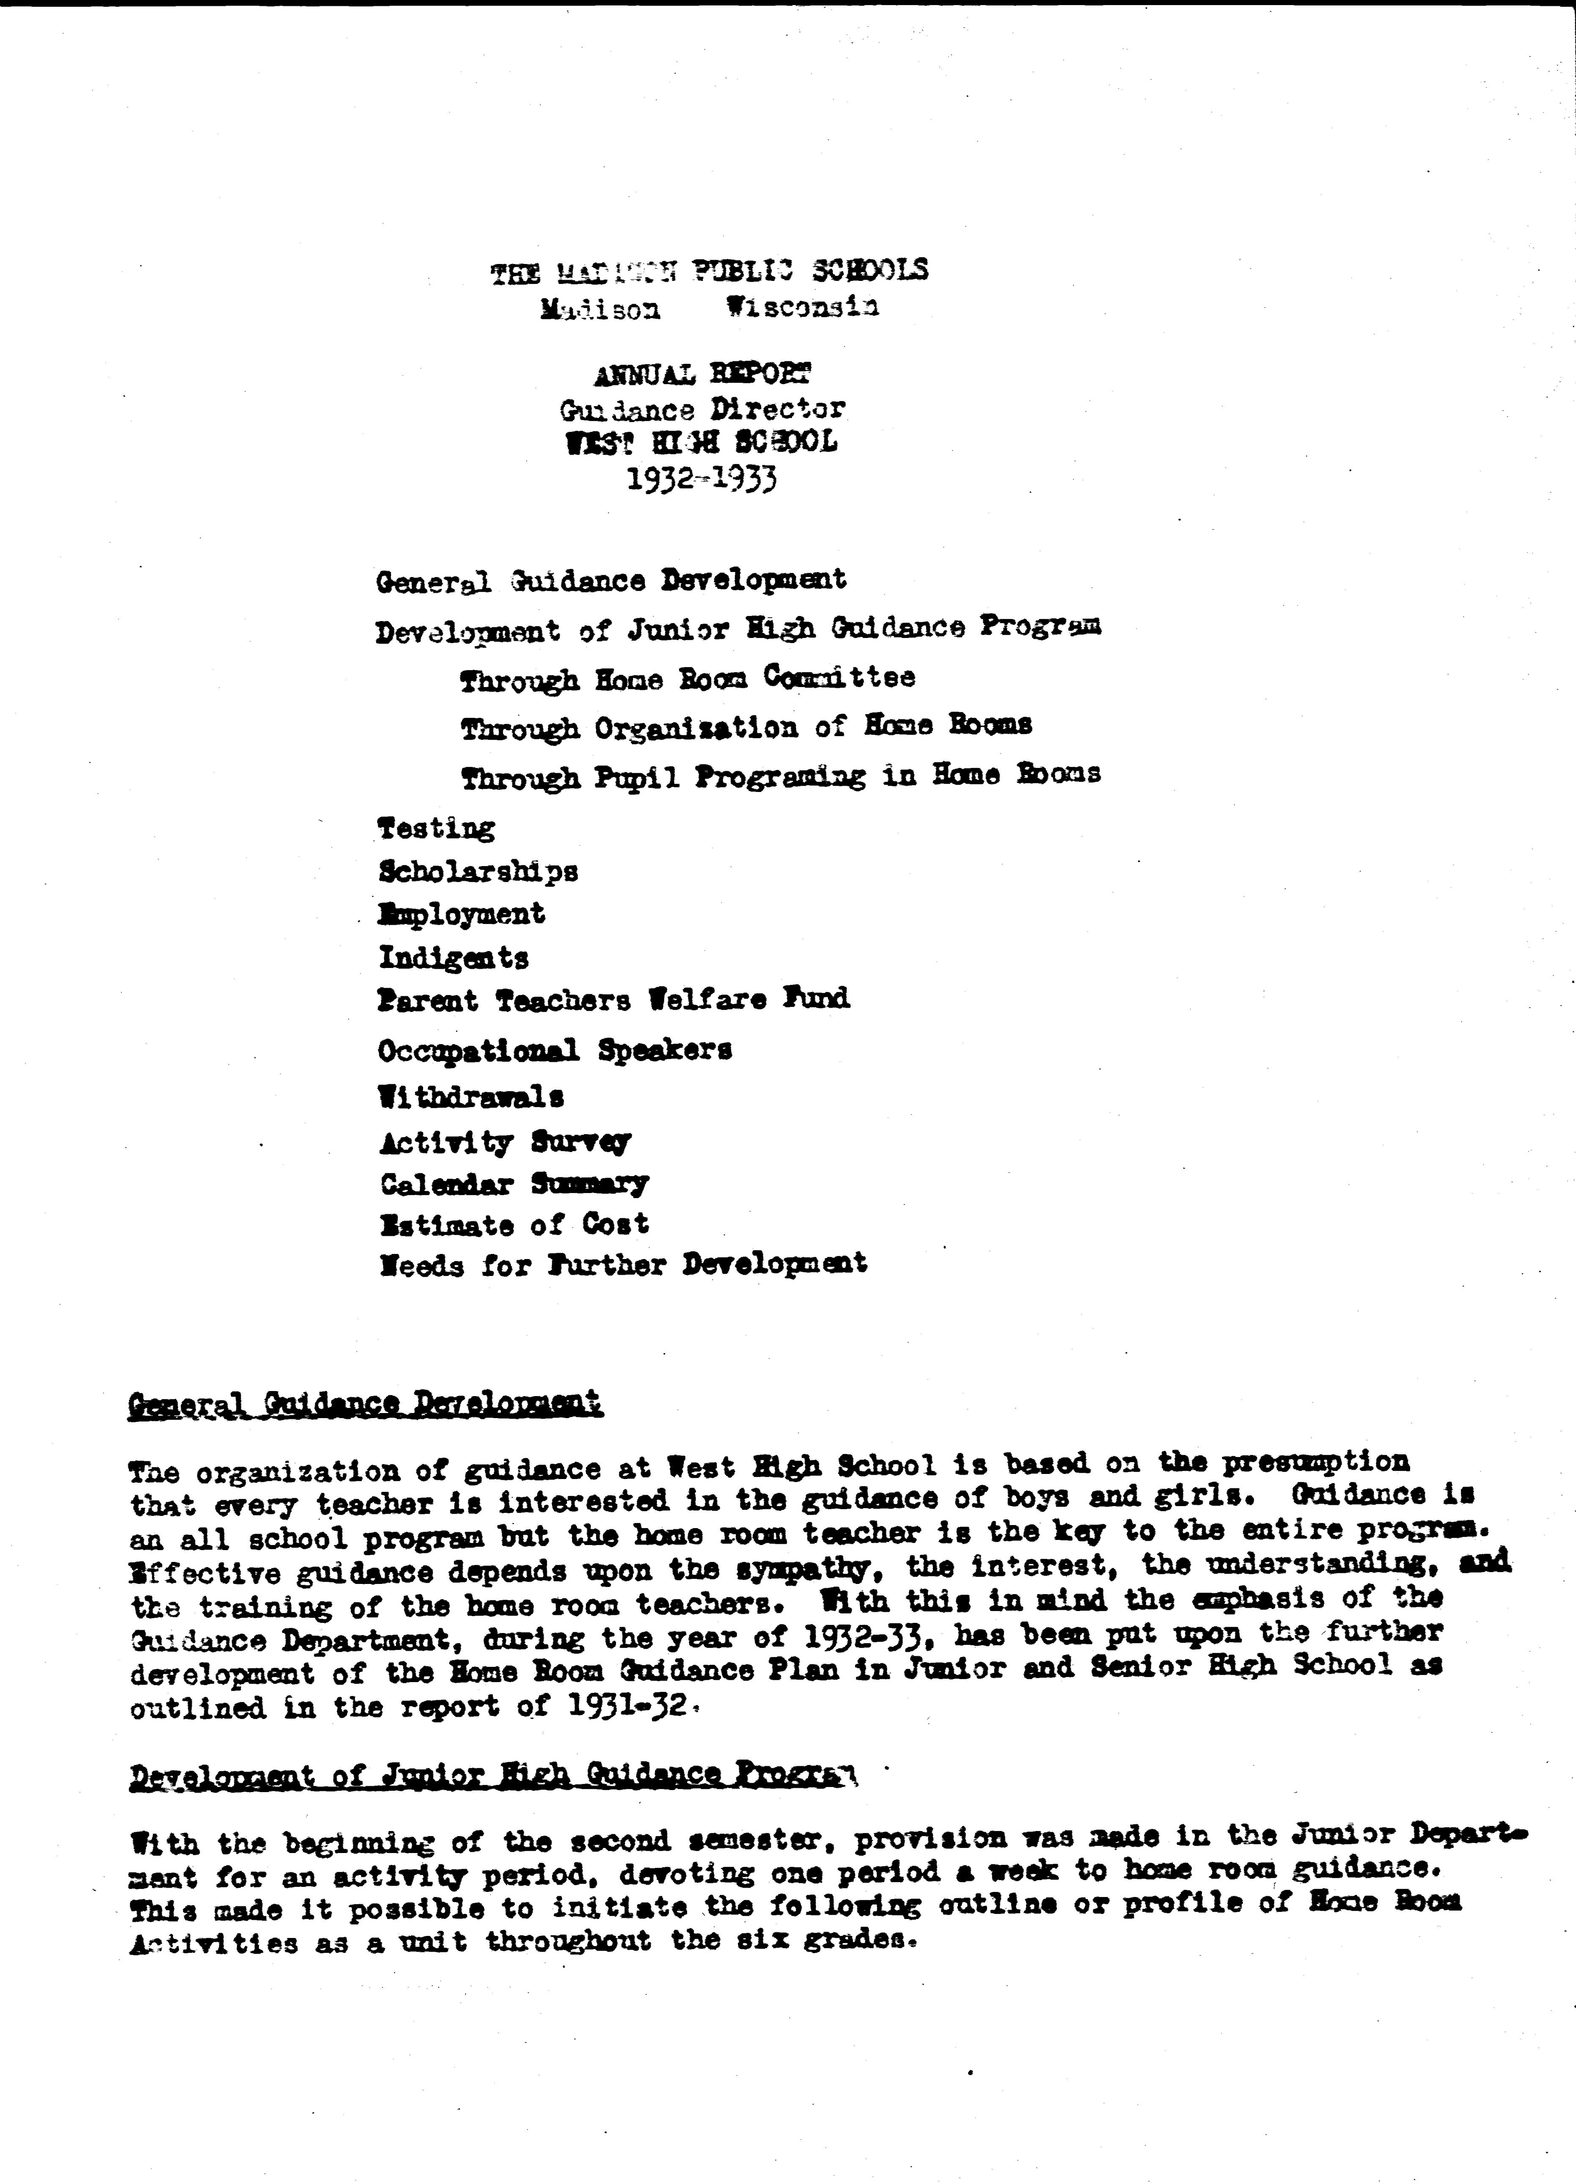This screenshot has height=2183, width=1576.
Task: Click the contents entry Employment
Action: [x=462, y=913]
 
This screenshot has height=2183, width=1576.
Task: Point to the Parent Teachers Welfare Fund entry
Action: [x=613, y=1000]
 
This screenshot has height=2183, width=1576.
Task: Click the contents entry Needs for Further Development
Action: [x=623, y=1264]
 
